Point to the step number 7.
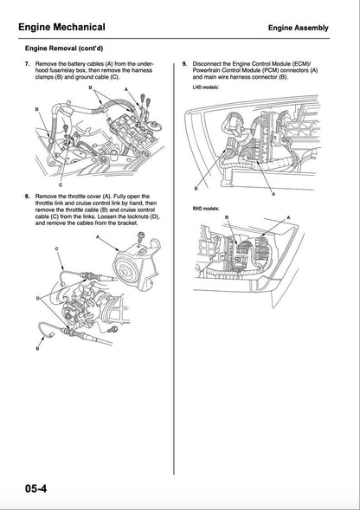(x=28, y=65)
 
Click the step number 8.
(x=28, y=197)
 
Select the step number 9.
(x=184, y=65)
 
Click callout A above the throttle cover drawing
(x=97, y=236)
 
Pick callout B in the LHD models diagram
(x=196, y=188)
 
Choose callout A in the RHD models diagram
(x=288, y=217)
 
